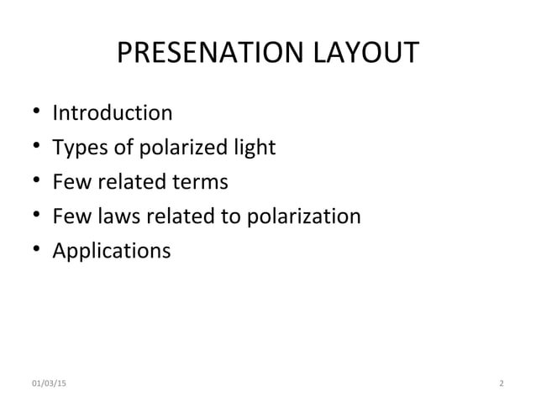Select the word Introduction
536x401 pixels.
(113, 112)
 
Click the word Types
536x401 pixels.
(81, 148)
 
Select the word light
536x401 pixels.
(252, 148)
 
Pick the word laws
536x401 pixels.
(116, 216)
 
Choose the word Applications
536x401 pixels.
(111, 252)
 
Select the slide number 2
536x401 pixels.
(501, 383)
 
